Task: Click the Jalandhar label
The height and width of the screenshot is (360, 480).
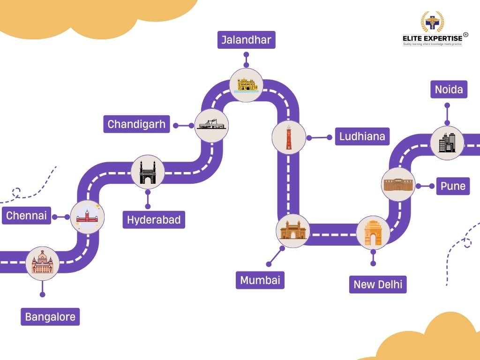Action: point(246,40)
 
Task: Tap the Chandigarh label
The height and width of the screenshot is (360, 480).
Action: point(136,124)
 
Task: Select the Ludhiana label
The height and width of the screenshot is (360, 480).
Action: point(362,136)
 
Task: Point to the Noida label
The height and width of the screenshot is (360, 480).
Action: point(449,90)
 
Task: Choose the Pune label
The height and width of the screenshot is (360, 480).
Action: point(453,186)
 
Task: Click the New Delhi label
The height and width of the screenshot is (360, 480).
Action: point(378,285)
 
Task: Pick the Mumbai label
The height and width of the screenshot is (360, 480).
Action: point(260,280)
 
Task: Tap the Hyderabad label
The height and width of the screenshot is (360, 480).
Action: point(154,220)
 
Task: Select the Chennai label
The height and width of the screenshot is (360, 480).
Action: point(26,216)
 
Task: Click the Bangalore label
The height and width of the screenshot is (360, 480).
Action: point(50,317)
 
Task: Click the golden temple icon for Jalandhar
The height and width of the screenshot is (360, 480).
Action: point(246,85)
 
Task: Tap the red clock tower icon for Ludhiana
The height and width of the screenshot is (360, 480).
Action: point(289,137)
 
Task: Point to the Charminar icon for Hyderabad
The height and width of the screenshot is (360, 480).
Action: point(148,172)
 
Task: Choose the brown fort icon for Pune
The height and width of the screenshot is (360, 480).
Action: point(398,185)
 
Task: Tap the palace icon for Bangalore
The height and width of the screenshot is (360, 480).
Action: point(42,263)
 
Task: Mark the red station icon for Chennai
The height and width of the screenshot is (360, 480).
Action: point(87,217)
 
